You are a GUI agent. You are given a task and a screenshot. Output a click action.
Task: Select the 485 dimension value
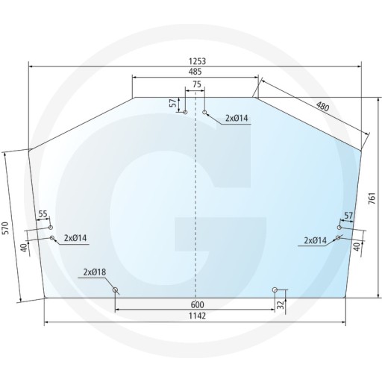(x=195, y=72)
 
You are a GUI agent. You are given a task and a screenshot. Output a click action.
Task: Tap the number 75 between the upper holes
(x=196, y=85)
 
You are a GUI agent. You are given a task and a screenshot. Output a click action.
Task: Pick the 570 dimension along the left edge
(x=7, y=228)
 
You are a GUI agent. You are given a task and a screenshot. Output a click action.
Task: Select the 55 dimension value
(x=43, y=215)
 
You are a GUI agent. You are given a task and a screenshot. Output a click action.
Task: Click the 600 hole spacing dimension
(x=196, y=304)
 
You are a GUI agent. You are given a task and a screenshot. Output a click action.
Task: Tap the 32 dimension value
(x=281, y=304)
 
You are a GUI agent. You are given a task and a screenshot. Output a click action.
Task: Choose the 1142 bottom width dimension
(x=196, y=316)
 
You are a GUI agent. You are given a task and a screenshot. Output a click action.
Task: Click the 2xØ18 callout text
(x=95, y=272)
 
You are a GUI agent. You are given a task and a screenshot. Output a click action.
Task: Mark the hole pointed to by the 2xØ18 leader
(x=115, y=289)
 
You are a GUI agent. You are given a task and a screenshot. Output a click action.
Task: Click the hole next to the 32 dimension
(x=275, y=289)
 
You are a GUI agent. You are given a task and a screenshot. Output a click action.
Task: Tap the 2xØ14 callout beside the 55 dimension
(x=76, y=238)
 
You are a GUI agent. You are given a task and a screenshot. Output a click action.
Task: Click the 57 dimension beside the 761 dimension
(x=348, y=216)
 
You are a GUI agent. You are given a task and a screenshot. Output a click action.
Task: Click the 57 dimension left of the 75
(x=173, y=104)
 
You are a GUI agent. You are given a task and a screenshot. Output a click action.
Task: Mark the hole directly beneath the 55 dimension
(x=51, y=228)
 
